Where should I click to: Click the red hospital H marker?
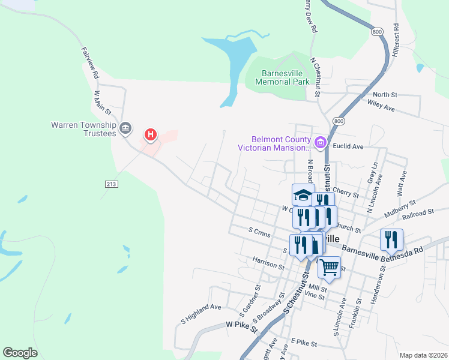pos(151,134)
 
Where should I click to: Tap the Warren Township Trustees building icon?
pos(125,127)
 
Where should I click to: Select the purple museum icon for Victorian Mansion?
pos(321,143)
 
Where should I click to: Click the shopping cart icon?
pos(329,267)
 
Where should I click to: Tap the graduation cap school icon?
pos(303,195)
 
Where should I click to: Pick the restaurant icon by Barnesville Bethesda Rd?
pos(391,239)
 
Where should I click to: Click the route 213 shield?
pos(110,184)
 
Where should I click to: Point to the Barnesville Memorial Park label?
pos(282,77)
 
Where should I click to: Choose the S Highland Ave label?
pos(201,314)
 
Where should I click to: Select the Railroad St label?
pos(418,213)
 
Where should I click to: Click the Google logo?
pos(20,352)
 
